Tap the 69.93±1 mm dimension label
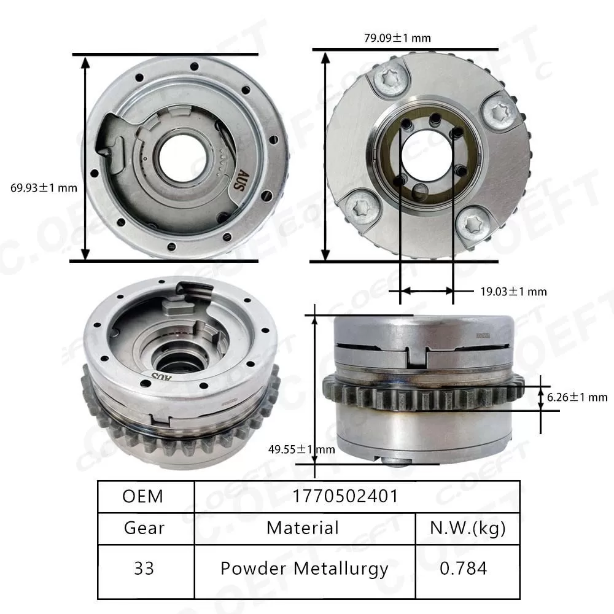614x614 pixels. [x=44, y=188]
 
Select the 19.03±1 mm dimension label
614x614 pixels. [x=513, y=292]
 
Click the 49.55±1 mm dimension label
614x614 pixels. [x=301, y=449]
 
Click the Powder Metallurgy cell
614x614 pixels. [x=305, y=568]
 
